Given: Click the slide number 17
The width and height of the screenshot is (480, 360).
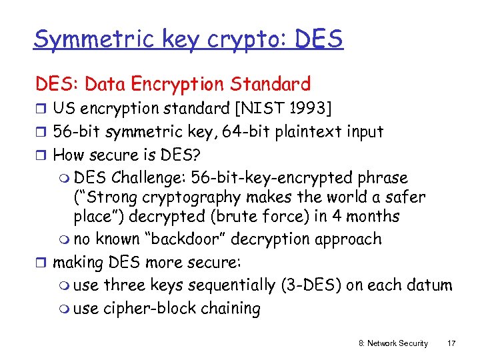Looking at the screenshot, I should point(451,343).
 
